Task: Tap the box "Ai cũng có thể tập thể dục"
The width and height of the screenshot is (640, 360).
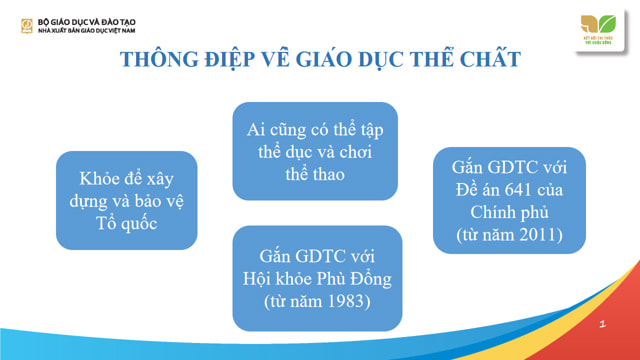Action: tap(315, 151)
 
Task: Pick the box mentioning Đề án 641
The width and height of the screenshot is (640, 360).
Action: tap(509, 199)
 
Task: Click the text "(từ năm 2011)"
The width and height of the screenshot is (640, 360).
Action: tap(509, 236)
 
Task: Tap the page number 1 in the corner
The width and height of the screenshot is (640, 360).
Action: tap(602, 325)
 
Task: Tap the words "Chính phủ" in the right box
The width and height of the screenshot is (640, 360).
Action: tap(509, 212)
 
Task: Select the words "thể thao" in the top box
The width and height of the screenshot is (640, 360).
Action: tap(315, 174)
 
